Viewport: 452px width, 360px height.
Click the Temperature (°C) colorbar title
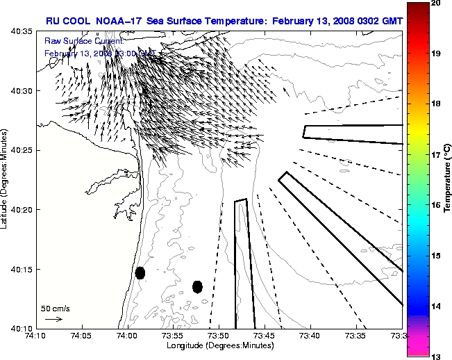[x=448, y=179]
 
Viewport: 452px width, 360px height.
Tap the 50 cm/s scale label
[x=55, y=308]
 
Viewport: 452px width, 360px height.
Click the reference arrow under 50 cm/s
[x=53, y=319]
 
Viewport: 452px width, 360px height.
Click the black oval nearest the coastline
[x=140, y=272]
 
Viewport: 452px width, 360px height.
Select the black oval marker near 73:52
[x=197, y=286]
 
